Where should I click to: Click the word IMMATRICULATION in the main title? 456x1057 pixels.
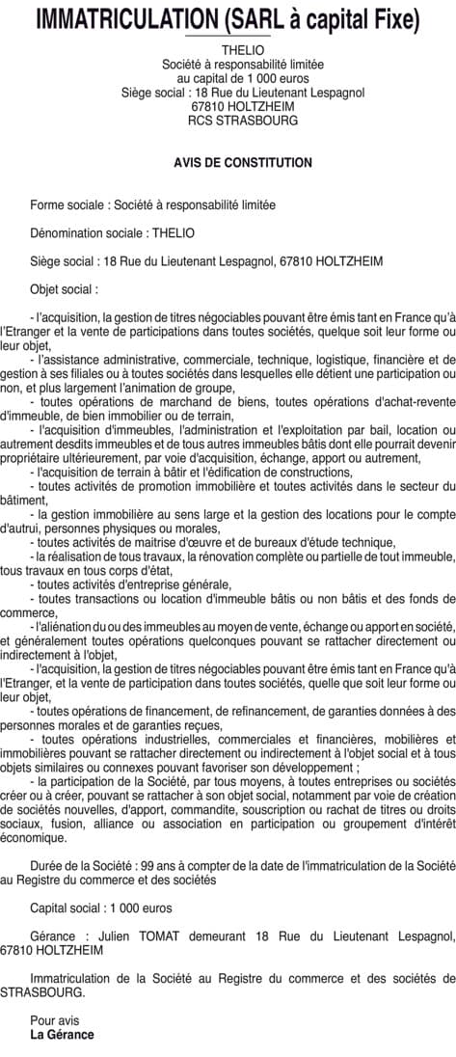(x=125, y=19)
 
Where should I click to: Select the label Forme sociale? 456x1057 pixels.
(x=68, y=204)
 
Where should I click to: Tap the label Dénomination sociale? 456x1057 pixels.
(x=87, y=232)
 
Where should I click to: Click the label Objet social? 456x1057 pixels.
(x=62, y=288)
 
